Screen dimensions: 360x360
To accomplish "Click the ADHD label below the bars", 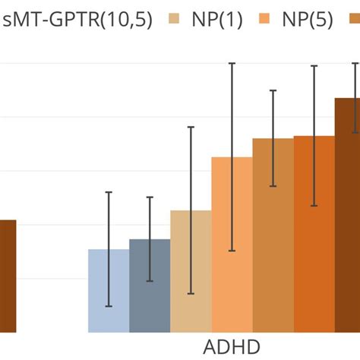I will click(x=232, y=346).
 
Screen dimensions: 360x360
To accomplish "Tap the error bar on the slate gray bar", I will click(x=150, y=238).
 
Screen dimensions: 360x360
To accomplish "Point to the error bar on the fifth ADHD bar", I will click(x=273, y=137).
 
